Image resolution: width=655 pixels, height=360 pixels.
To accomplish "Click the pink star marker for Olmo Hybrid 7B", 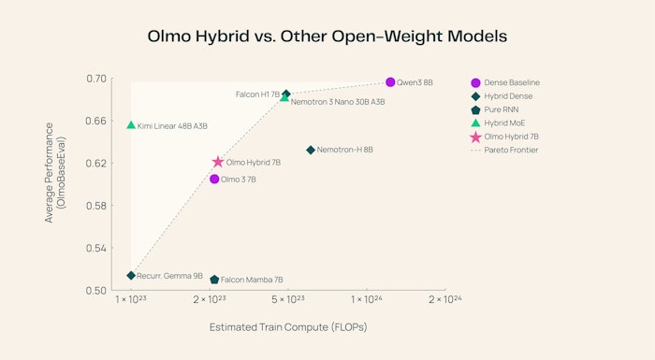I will (x=218, y=163).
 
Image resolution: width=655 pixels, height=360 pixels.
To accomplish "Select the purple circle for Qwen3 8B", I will (x=390, y=82).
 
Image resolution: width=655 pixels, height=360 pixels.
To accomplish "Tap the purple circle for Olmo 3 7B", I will (x=214, y=179).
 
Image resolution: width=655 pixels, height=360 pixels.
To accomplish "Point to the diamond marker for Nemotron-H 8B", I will (x=311, y=150).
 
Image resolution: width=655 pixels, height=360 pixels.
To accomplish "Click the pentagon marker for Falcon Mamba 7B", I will (x=214, y=280).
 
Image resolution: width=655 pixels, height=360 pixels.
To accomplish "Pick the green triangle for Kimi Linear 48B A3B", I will (x=131, y=124).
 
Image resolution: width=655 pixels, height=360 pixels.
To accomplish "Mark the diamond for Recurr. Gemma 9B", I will (x=131, y=276).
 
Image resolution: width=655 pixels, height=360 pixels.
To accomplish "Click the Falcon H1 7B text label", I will (x=256, y=94).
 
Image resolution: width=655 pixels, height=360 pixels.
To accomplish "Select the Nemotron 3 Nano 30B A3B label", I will (x=338, y=101).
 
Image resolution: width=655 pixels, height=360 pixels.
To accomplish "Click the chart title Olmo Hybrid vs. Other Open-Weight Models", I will (x=327, y=36).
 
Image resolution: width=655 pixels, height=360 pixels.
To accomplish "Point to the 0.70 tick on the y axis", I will (x=95, y=79).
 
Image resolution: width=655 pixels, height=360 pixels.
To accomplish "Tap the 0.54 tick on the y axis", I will (x=95, y=248).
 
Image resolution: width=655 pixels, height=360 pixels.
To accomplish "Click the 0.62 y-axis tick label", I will (x=95, y=163).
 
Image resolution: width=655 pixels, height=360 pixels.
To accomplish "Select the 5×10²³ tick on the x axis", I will (x=288, y=299).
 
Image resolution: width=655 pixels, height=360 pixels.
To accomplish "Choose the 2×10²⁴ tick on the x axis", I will (x=445, y=299).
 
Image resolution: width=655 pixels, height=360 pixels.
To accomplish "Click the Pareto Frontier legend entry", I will (x=510, y=150).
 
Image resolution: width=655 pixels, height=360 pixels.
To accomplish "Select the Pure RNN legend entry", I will (x=502, y=109).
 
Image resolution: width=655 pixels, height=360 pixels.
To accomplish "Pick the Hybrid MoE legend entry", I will (x=505, y=122).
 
